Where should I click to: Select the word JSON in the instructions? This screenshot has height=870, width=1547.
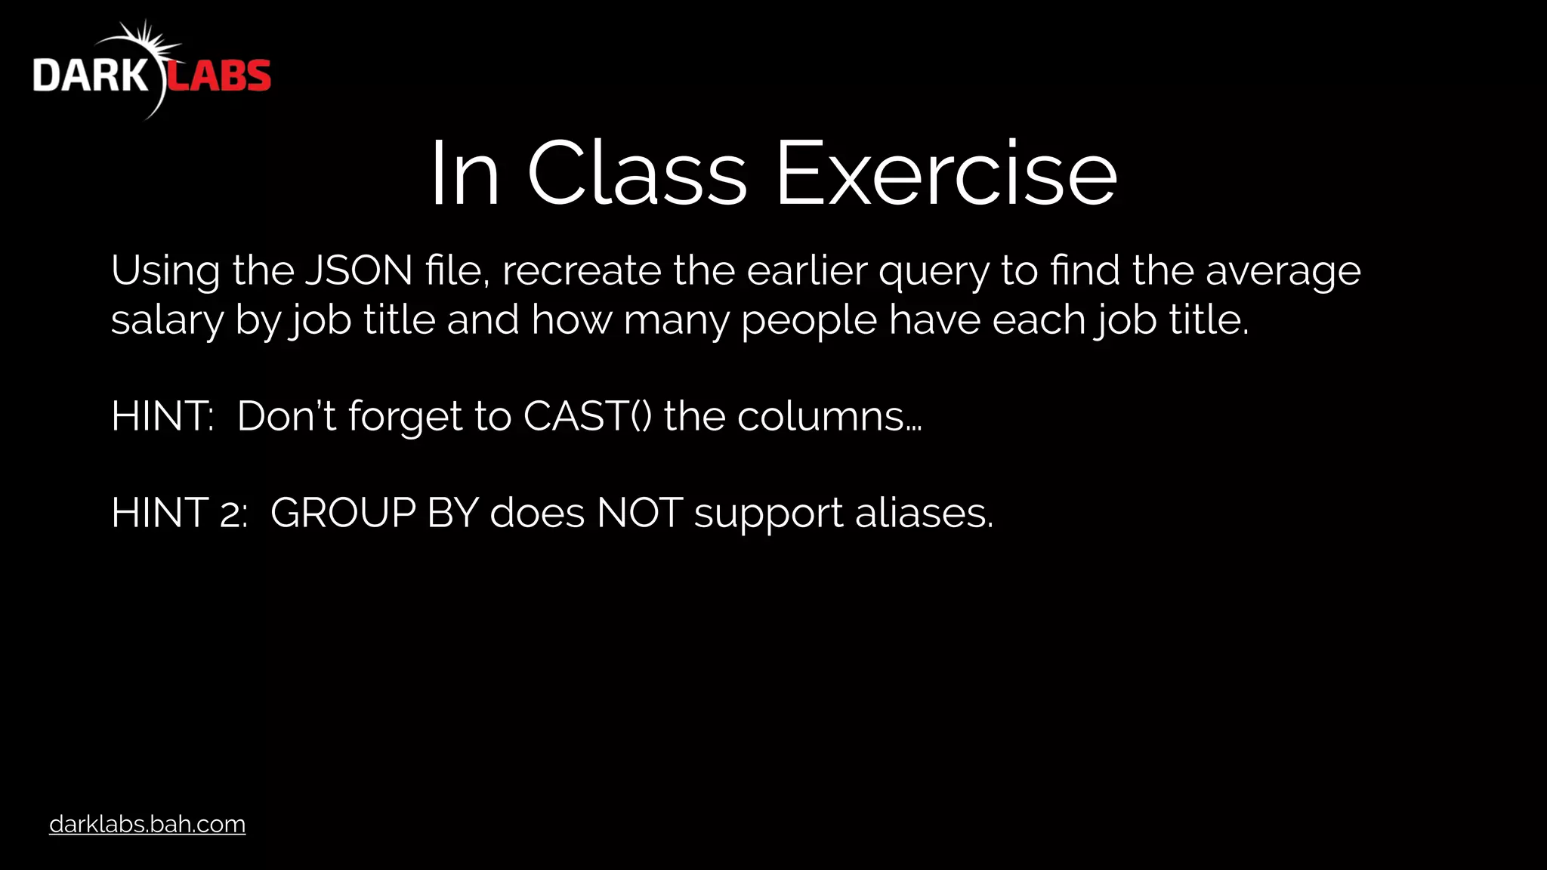coord(359,270)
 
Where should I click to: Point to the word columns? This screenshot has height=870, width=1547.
coord(829,416)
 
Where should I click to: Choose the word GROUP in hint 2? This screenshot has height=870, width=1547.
coord(343,513)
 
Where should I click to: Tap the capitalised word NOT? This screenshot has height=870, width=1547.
coord(640,513)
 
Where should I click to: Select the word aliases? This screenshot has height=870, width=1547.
coord(924,513)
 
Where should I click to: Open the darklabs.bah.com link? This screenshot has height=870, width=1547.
coord(147,824)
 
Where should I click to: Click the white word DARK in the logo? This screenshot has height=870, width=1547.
coord(91,76)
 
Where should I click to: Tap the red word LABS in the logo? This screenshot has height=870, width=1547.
coord(218,76)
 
